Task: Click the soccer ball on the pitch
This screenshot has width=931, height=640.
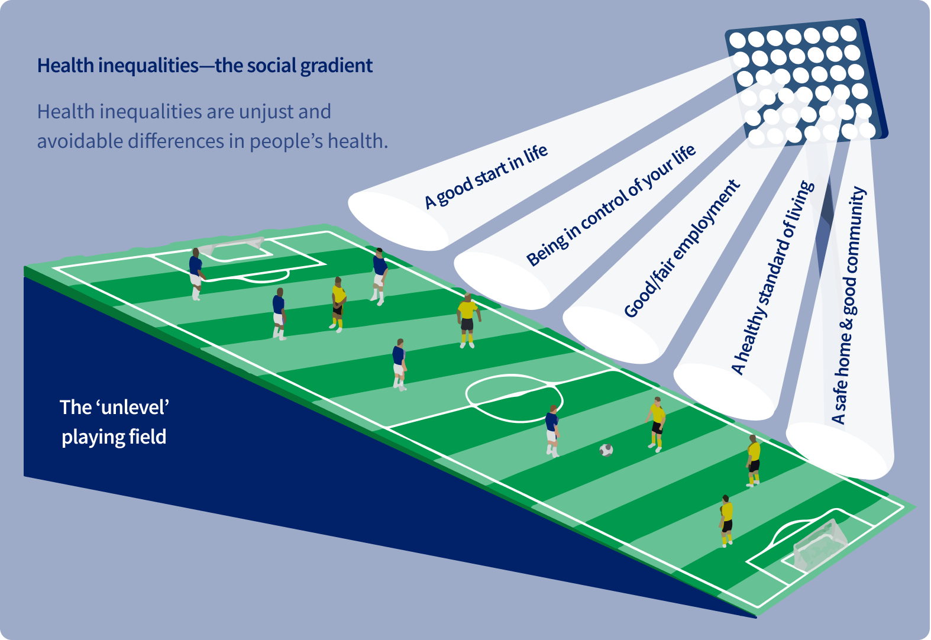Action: click(x=606, y=450)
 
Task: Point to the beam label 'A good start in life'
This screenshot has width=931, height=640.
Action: click(x=486, y=176)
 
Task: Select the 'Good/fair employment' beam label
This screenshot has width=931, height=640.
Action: click(x=682, y=248)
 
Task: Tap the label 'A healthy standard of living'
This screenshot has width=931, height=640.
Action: click(x=772, y=277)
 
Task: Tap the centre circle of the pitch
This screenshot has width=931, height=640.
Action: click(x=514, y=397)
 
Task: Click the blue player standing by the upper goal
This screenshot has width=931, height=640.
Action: click(x=196, y=274)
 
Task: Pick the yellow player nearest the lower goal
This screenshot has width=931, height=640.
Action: click(x=726, y=521)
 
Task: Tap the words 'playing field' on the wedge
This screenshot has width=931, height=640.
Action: click(x=114, y=437)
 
